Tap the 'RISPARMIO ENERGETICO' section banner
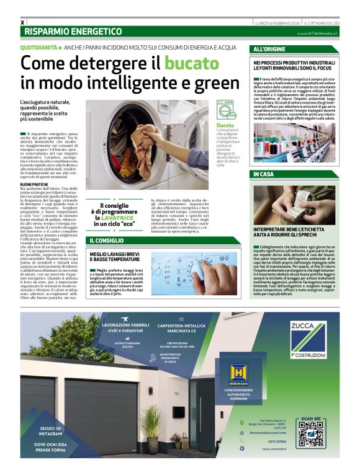pyautogui.click(x=73, y=31)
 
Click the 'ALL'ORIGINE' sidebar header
pyautogui.click(x=269, y=49)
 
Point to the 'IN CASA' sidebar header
pyautogui.click(x=264, y=174)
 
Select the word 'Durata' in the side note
pyautogui.click(x=225, y=125)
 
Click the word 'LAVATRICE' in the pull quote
pyautogui.click(x=119, y=217)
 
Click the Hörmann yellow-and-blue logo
pyautogui.click(x=238, y=373)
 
